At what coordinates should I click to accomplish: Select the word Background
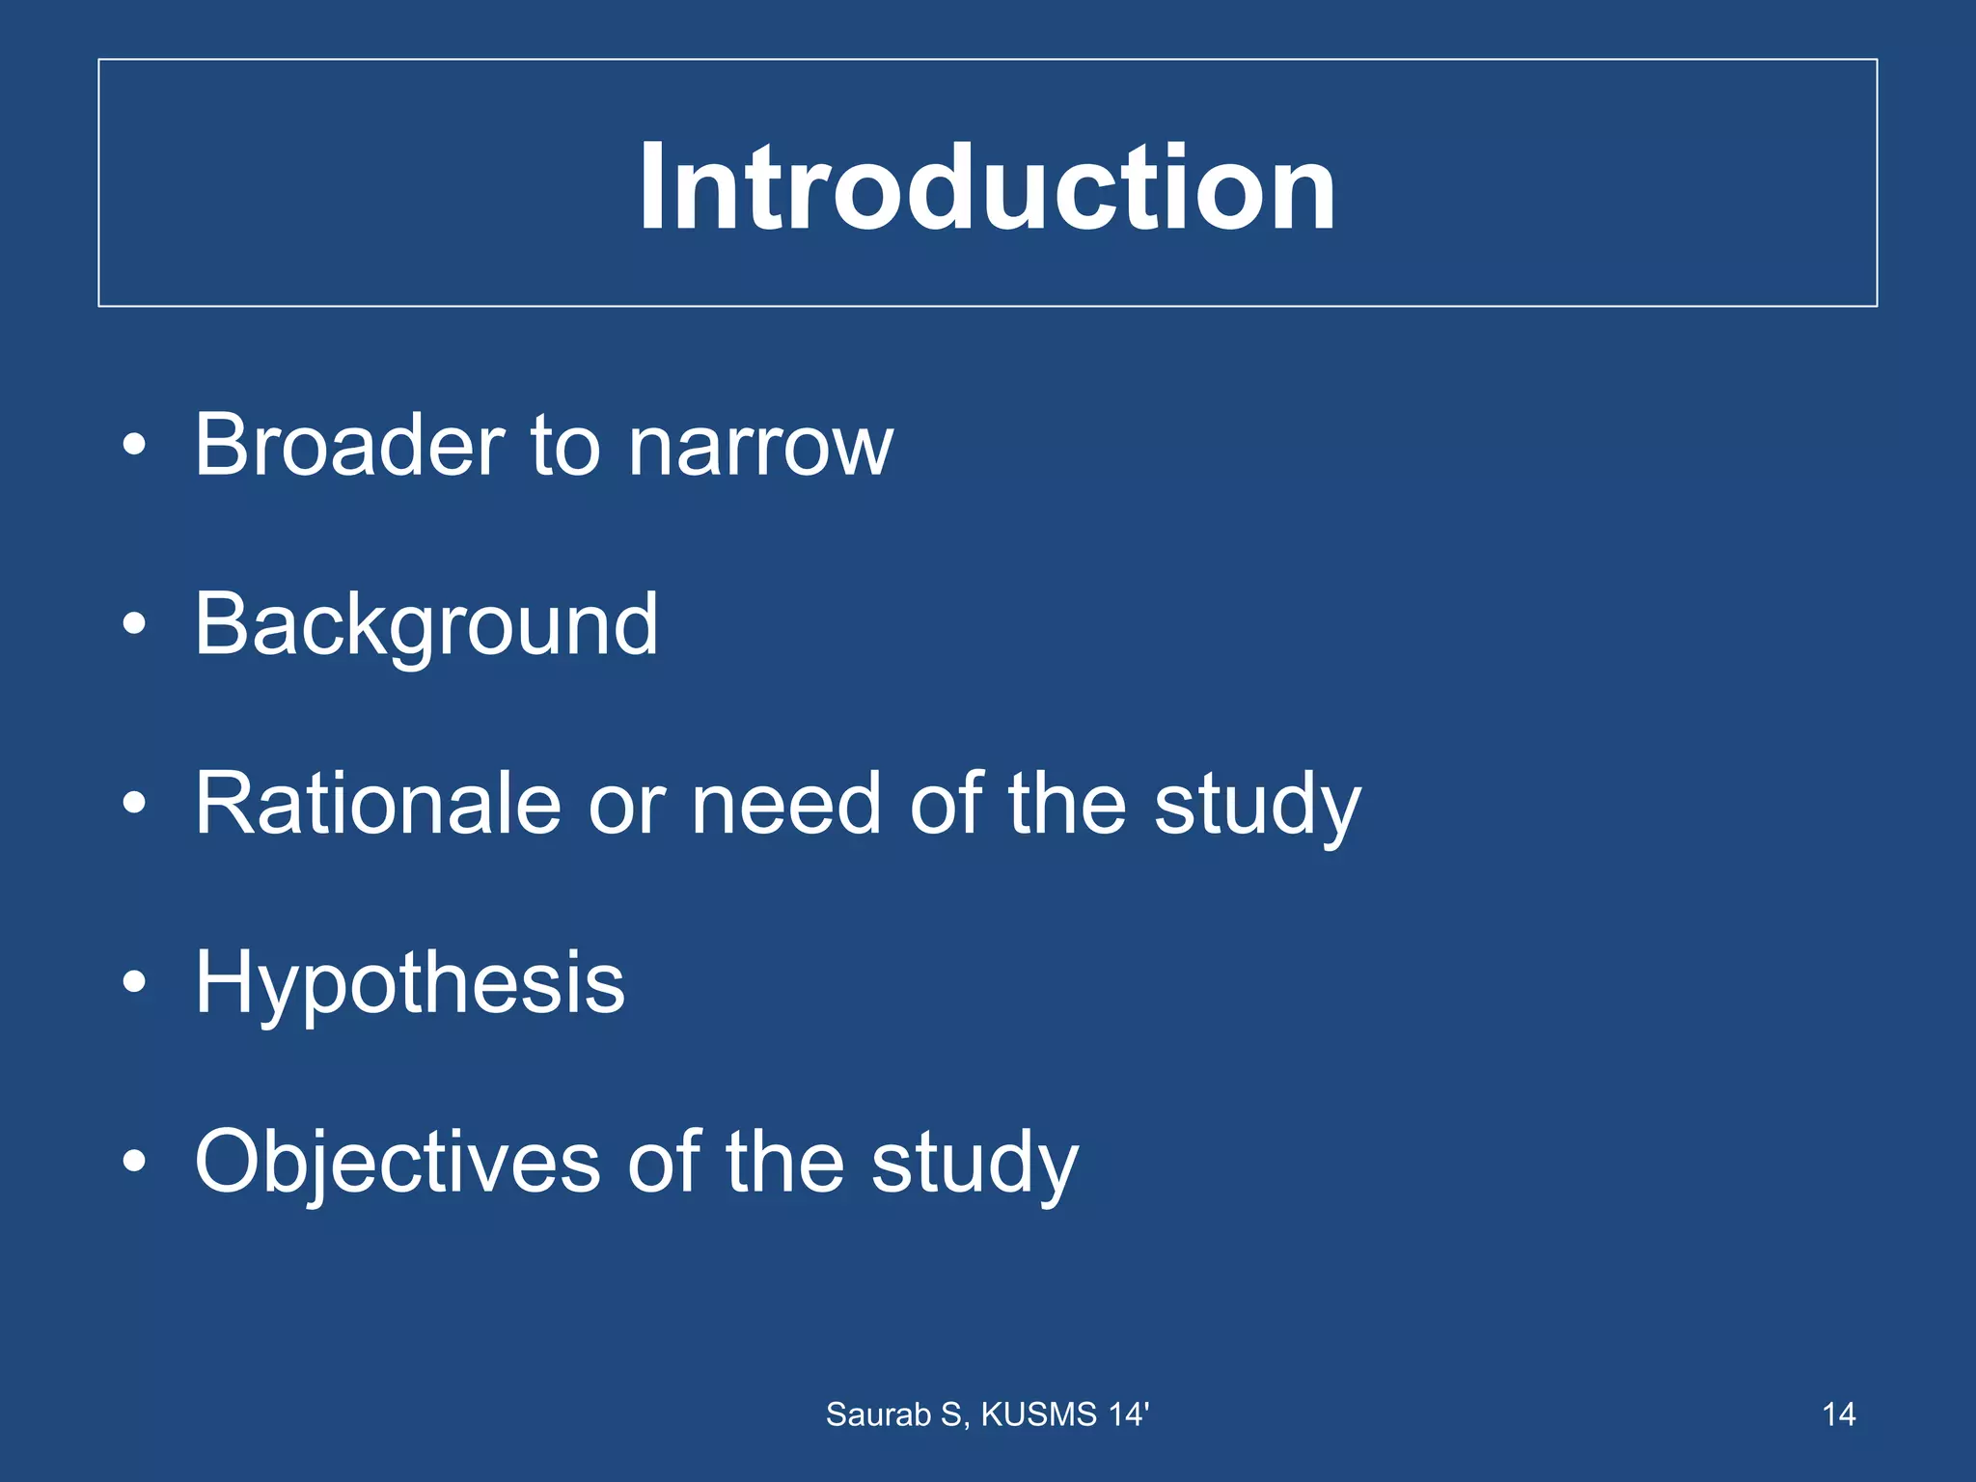[x=426, y=625]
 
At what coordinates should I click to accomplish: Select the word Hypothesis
[x=410, y=983]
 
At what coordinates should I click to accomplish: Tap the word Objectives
[x=398, y=1162]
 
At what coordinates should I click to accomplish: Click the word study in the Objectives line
[x=974, y=1164]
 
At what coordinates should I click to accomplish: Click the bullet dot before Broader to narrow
[x=134, y=446]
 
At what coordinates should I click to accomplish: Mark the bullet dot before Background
[x=134, y=624]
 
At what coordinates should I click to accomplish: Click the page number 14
[x=1838, y=1414]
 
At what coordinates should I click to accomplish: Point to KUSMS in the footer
[x=1039, y=1414]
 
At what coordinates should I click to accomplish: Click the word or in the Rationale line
[x=626, y=805]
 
